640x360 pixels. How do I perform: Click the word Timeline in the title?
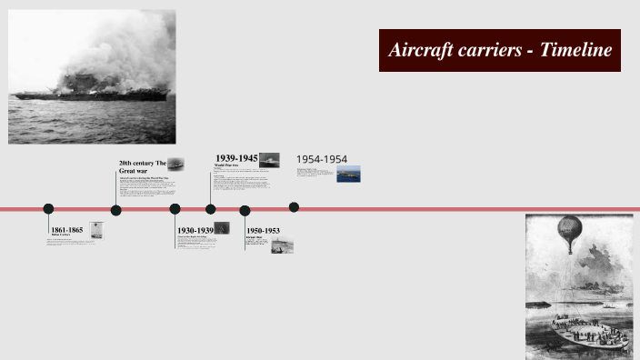pos(575,50)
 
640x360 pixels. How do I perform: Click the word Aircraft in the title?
pos(421,50)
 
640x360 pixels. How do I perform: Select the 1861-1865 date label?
pos(66,230)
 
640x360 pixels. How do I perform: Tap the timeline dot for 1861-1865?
pos(48,209)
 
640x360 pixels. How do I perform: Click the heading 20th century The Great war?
pos(142,167)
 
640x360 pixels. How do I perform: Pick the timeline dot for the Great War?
pos(116,210)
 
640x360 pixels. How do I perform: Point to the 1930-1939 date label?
pos(195,230)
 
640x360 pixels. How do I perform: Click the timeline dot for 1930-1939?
pos(175,209)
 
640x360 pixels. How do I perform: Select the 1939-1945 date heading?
pos(236,158)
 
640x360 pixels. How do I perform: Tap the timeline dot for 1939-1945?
pos(211,209)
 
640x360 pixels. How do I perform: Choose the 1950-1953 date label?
pos(263,230)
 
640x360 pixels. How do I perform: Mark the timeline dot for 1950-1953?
pos(245,210)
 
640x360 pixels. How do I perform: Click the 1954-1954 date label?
pos(321,159)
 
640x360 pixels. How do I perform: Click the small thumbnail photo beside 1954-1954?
pos(348,174)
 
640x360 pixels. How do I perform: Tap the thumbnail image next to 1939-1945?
pos(269,160)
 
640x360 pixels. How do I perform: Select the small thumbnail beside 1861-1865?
pos(96,231)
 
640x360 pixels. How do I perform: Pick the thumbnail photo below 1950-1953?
pos(282,245)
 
